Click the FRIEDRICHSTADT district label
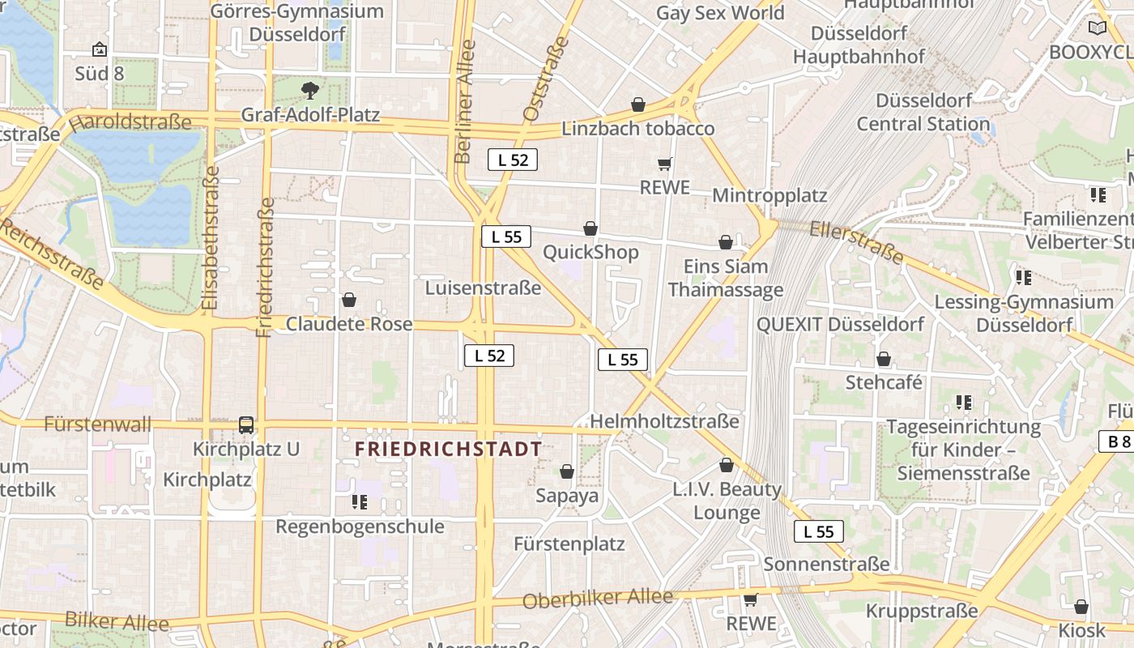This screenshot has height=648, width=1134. [x=448, y=450]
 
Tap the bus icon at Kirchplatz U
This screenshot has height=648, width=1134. [x=246, y=424]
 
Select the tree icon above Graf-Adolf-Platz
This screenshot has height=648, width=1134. [x=309, y=90]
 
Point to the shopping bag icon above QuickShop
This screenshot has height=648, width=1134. [x=590, y=229]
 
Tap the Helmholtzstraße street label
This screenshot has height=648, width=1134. [x=664, y=421]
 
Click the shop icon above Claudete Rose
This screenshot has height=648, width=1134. [x=349, y=301]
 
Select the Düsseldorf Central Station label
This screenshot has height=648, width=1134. [x=923, y=113]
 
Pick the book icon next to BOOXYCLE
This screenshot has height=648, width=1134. [x=1098, y=28]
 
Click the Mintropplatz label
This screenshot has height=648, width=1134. [x=769, y=195]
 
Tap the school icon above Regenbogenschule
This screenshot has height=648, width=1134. [x=360, y=502]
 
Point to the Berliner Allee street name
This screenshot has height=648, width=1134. [x=465, y=101]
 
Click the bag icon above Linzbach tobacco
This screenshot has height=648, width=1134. [x=638, y=105]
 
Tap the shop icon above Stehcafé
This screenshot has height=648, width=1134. [x=884, y=359]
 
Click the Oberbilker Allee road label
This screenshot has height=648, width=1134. [x=598, y=599]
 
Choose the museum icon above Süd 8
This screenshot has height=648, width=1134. [x=100, y=50]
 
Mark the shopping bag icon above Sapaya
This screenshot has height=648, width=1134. [x=567, y=471]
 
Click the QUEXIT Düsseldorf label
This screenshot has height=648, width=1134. [x=840, y=324]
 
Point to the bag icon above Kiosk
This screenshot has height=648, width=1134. [x=1081, y=607]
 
